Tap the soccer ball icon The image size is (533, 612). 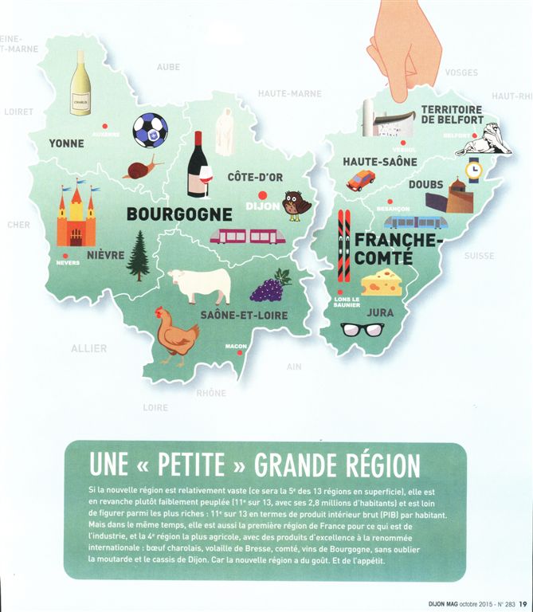(150, 130)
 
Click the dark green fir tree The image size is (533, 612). (139, 256)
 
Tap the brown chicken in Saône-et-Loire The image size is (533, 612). (176, 335)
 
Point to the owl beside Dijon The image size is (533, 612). (296, 205)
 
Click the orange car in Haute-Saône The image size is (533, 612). (361, 180)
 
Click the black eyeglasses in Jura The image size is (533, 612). (362, 329)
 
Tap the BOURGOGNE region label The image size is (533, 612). (179, 214)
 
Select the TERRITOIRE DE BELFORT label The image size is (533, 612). (452, 114)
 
